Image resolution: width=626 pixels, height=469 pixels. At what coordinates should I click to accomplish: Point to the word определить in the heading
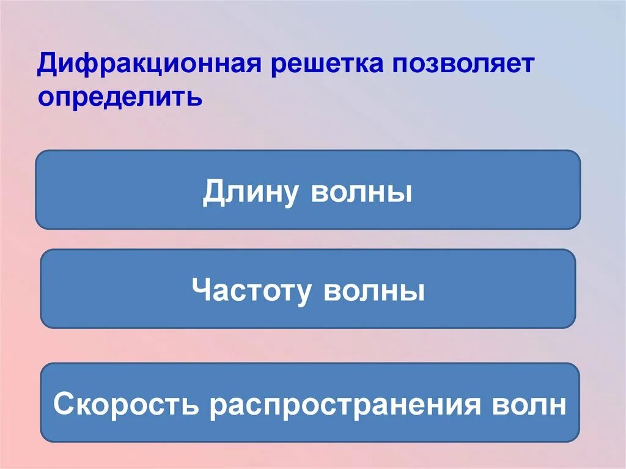coord(120,97)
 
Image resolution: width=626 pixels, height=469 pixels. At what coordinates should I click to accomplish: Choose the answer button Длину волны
coord(307,190)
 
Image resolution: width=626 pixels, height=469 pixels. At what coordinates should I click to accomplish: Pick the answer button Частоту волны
coord(307,289)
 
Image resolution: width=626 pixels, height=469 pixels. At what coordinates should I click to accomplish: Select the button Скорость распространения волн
coord(309,402)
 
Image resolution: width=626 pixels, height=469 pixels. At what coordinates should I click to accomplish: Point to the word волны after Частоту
coord(374,290)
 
